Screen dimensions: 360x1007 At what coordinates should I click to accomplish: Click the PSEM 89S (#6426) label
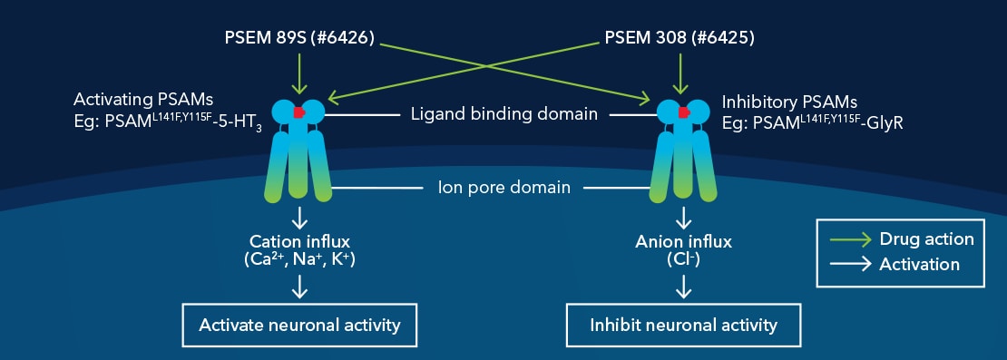tap(299, 40)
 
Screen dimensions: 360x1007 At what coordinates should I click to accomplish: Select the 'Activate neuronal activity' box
tap(299, 325)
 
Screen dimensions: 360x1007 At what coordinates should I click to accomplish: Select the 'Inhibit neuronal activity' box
tap(684, 325)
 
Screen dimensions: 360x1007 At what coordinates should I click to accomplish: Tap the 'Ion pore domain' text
tap(503, 188)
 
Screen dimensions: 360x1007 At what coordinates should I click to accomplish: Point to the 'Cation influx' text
tap(299, 241)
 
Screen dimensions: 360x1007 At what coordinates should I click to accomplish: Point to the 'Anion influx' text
tap(684, 242)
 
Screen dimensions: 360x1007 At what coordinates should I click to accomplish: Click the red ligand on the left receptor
tap(297, 112)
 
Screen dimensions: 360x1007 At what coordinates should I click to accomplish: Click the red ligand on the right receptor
tap(682, 112)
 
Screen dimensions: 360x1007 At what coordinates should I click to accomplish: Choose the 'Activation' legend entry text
tap(919, 264)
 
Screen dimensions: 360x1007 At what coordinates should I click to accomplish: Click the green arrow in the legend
tap(851, 239)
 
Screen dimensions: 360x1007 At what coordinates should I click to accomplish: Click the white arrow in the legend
tap(851, 264)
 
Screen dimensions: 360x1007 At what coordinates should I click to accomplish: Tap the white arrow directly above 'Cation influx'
tap(299, 219)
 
